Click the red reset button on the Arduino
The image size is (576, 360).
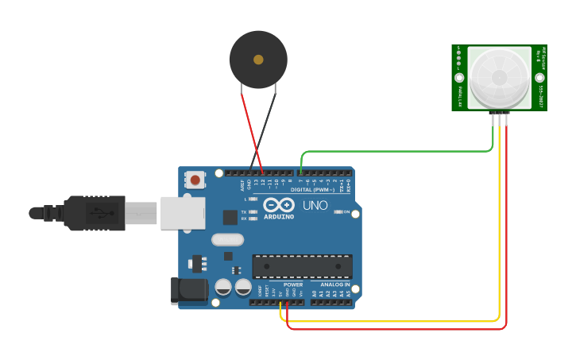(195, 180)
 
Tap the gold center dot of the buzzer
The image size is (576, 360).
(258, 60)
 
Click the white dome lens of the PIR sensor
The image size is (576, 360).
(499, 77)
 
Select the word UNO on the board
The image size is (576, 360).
(315, 206)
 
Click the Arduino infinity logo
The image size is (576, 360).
(279, 205)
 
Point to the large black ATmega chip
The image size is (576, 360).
(302, 266)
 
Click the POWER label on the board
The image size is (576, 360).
(293, 284)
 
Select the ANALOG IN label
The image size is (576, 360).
(335, 284)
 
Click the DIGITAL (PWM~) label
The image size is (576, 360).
(313, 189)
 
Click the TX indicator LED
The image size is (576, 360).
(253, 212)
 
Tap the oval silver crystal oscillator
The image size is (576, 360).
(227, 239)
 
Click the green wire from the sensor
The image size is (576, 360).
(397, 151)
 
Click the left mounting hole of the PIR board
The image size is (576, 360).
(458, 78)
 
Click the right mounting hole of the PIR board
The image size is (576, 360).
(539, 78)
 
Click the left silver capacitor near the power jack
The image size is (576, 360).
(223, 286)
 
